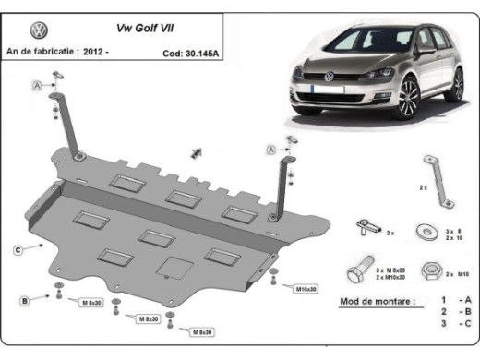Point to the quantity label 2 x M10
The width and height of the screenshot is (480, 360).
tap(459, 274)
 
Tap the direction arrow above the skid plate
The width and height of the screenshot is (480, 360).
tap(196, 150)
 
